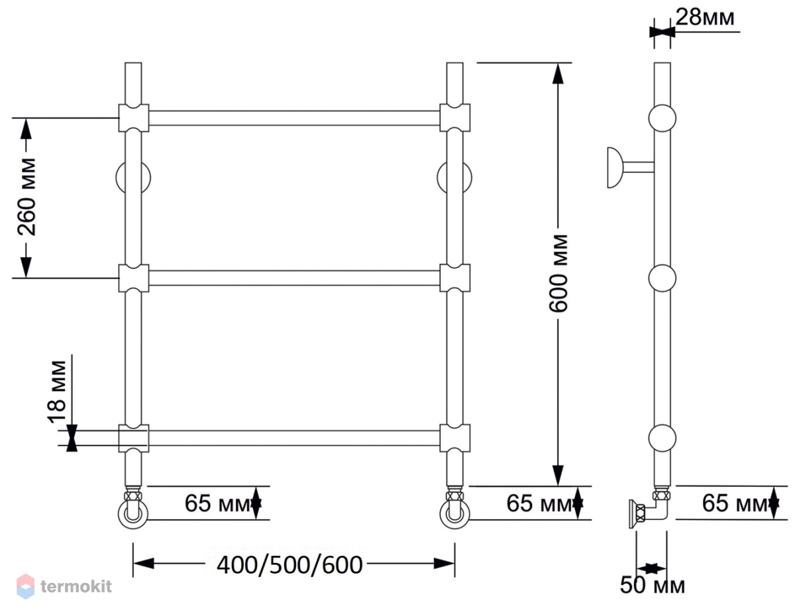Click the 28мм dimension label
tap(705, 17)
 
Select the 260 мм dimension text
tap(26, 196)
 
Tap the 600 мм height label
tap(558, 273)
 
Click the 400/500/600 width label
tap(290, 565)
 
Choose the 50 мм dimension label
tap(652, 585)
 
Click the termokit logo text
tap(76, 586)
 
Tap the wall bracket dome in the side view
tap(615, 168)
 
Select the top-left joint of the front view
tap(134, 118)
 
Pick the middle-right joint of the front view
tap(454, 278)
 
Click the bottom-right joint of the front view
tap(454, 438)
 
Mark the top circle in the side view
tap(662, 118)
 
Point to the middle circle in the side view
tap(662, 278)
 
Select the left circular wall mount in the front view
tap(133, 178)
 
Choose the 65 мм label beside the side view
tap(736, 503)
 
